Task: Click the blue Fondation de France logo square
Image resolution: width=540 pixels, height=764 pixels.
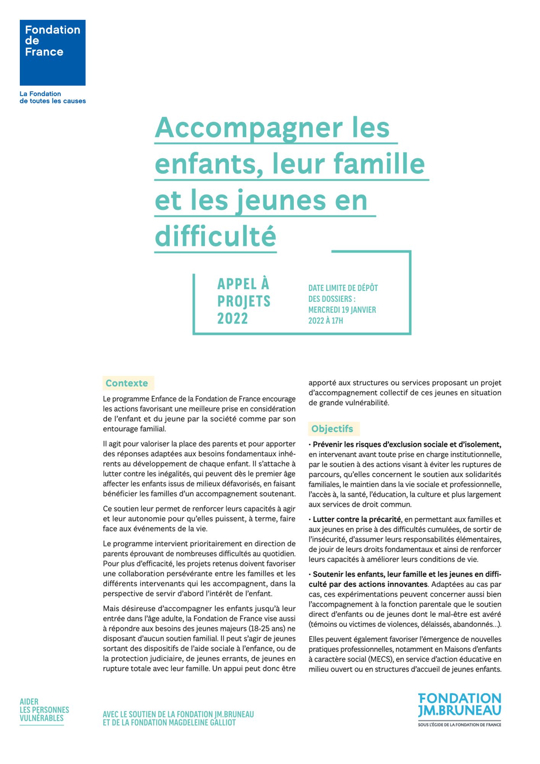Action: point(53,53)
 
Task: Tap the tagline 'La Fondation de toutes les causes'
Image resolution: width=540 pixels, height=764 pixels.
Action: point(53,97)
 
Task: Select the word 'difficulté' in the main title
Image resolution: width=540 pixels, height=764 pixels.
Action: point(216,236)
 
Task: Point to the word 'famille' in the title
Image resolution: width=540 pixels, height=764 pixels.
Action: point(379,163)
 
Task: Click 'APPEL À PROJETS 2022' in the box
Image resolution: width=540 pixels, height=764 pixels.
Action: point(244,301)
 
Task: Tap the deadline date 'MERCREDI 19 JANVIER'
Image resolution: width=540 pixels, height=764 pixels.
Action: point(342,310)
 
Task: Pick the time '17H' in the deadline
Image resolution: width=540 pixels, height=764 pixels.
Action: point(337,321)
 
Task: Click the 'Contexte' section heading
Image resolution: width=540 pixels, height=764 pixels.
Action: point(127,383)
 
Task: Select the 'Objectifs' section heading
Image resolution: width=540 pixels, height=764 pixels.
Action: point(332,429)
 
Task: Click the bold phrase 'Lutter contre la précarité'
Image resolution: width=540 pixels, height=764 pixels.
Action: point(356,520)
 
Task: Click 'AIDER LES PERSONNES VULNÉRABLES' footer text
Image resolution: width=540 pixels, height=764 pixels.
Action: point(44,710)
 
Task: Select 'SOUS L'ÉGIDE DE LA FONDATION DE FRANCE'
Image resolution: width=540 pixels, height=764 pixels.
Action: point(459,725)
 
